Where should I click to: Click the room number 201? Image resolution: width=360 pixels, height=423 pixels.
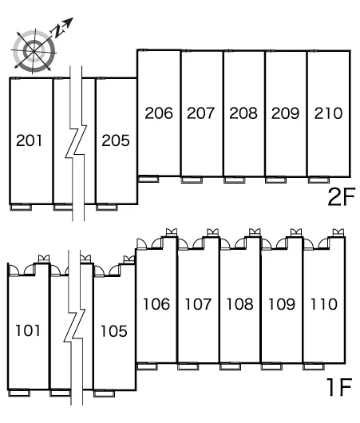click(30, 140)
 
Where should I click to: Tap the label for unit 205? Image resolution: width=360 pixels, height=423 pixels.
click(116, 140)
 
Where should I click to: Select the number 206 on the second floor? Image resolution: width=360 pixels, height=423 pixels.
click(159, 113)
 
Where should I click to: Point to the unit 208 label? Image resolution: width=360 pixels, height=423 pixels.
click(243, 113)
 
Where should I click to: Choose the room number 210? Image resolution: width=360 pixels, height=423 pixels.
click(328, 113)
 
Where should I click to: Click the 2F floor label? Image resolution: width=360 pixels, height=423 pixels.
click(342, 196)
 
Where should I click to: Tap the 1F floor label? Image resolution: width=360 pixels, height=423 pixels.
click(339, 387)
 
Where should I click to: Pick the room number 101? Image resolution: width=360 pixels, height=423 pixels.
click(28, 330)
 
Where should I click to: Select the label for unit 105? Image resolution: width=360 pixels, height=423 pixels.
click(113, 331)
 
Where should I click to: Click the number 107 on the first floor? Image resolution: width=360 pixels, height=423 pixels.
click(198, 304)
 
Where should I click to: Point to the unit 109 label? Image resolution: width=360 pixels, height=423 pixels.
click(282, 304)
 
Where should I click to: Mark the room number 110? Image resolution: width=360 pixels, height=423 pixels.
click(324, 304)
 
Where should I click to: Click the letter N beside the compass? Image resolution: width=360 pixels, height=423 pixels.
click(57, 30)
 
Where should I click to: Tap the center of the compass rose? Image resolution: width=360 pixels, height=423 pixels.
click(34, 51)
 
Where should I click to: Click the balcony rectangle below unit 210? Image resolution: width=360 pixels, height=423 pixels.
click(318, 180)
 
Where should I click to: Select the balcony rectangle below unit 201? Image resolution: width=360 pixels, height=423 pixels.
click(21, 208)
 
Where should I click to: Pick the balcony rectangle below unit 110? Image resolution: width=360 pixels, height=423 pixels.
click(314, 366)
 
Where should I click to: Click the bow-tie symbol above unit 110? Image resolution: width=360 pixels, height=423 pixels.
click(338, 232)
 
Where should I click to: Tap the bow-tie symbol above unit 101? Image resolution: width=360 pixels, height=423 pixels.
click(44, 259)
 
